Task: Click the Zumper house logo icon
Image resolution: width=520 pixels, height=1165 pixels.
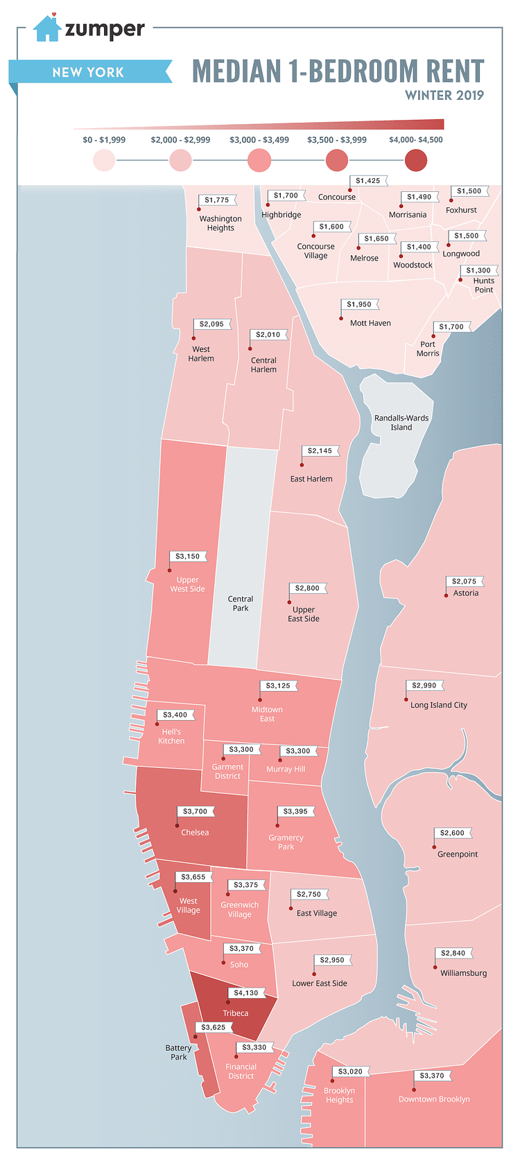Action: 47,28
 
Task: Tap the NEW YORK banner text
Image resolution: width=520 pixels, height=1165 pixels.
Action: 88,72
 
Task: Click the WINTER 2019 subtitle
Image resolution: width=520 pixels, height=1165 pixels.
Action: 444,96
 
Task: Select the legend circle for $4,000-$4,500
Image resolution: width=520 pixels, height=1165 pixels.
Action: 416,161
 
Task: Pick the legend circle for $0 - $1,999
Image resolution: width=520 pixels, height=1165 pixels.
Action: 104,161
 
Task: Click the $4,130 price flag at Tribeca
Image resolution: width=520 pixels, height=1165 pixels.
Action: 246,992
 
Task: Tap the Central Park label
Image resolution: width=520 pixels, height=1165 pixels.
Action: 241,604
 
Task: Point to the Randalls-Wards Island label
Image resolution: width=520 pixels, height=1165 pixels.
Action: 401,423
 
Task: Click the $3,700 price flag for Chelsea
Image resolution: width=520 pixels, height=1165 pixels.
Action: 195,811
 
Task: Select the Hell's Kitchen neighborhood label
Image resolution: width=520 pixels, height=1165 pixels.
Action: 171,736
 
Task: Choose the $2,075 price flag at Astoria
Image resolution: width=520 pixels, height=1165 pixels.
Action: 464,581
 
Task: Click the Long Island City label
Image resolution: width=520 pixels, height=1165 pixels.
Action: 439,705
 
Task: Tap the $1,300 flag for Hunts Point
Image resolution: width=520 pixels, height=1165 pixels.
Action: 478,270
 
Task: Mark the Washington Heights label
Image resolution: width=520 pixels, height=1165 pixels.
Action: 220,223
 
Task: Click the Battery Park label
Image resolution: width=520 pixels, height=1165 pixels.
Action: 179,1052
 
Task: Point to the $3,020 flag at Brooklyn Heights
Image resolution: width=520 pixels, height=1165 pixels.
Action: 350,1071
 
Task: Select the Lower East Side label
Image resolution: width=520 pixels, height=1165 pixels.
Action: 320,983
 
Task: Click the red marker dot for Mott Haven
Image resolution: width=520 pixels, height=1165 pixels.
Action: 341,318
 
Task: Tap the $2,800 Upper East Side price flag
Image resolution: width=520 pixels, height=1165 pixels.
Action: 307,588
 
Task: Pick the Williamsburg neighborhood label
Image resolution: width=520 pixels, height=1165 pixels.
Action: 463,973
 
